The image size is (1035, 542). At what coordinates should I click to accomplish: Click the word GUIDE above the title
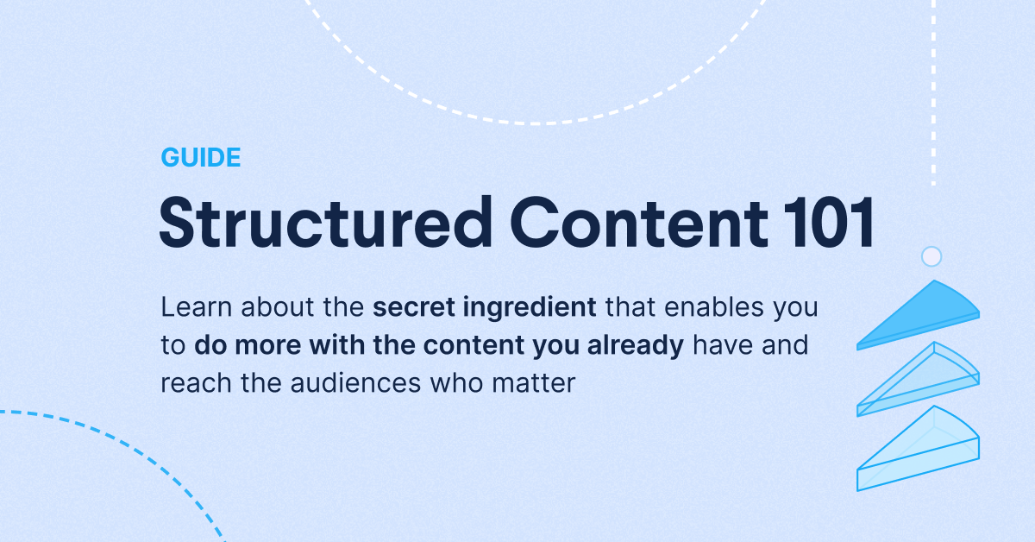coord(200,158)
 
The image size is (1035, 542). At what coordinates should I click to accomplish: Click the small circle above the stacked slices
coord(931,256)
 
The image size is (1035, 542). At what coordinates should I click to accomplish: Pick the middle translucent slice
coord(919,380)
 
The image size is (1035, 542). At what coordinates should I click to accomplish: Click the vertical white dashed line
coord(934,95)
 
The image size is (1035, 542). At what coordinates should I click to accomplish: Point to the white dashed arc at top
coord(535,123)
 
